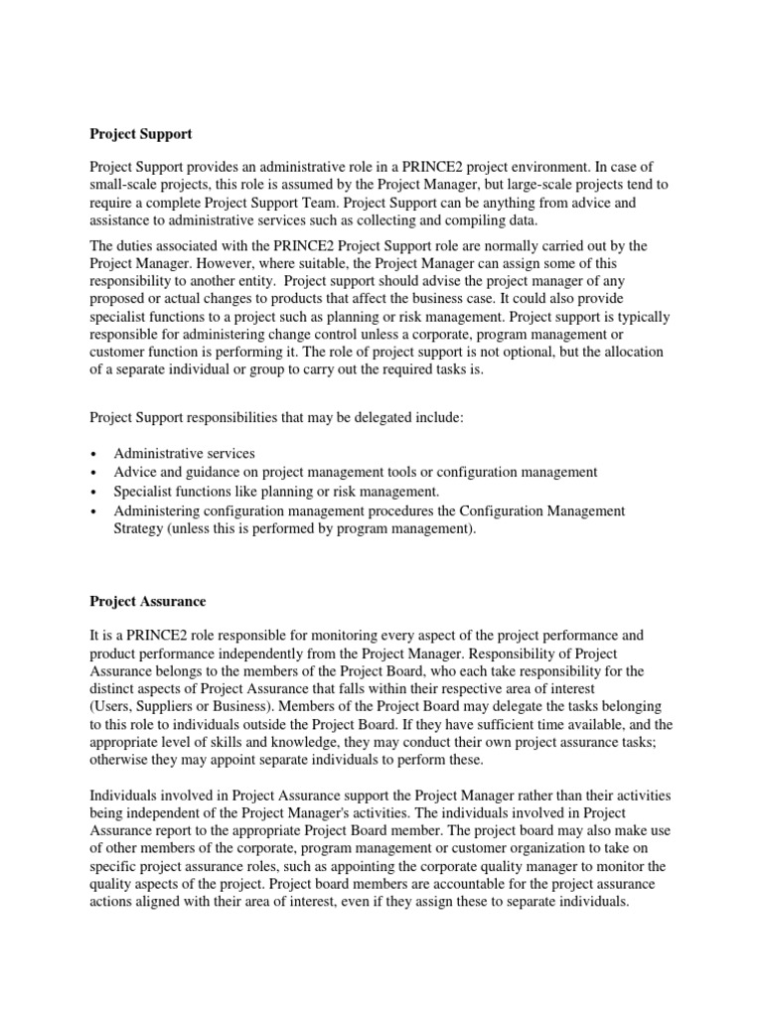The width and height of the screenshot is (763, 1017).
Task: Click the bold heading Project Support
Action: [140, 133]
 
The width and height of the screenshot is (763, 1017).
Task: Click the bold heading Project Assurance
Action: [147, 601]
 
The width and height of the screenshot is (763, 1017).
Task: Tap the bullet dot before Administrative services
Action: [93, 454]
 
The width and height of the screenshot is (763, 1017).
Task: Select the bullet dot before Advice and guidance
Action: [93, 473]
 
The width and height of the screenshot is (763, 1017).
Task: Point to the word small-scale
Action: [125, 185]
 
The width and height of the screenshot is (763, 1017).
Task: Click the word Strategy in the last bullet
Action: [142, 528]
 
